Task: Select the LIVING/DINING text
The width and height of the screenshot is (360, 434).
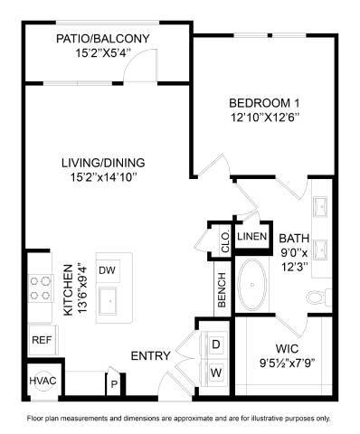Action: [x=103, y=163]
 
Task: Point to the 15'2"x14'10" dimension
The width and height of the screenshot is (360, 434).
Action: [x=103, y=177]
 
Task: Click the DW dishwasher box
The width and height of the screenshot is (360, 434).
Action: [x=108, y=269]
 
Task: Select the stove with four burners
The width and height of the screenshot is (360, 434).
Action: [x=41, y=287]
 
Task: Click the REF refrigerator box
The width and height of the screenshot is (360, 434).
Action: [x=41, y=340]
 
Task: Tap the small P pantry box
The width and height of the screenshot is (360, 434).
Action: [x=114, y=383]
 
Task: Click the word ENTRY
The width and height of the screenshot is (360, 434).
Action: [x=151, y=355]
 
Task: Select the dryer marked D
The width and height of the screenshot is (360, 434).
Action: [x=216, y=344]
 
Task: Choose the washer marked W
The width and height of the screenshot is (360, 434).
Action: [x=216, y=372]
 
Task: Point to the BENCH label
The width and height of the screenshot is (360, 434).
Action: [x=221, y=292]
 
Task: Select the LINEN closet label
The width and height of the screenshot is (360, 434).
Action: [x=251, y=237]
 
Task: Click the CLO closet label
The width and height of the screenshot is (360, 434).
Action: [x=223, y=241]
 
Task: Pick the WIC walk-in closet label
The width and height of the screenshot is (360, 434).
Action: [x=288, y=349]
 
